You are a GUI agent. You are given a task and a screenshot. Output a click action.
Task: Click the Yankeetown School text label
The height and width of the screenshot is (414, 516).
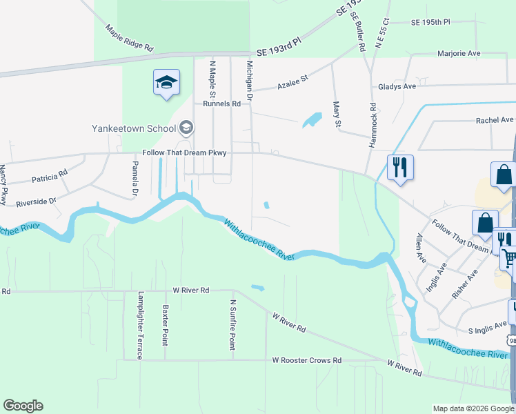click(x=133, y=128)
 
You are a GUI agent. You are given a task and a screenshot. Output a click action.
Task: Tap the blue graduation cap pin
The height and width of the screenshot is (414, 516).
click(x=166, y=83)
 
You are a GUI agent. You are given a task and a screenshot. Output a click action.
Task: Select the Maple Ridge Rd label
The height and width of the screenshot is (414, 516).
click(x=129, y=39)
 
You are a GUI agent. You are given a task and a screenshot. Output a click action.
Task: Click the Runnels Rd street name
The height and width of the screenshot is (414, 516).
click(x=221, y=103)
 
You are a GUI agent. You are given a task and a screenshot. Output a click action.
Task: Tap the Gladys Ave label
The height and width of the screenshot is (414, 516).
click(x=397, y=87)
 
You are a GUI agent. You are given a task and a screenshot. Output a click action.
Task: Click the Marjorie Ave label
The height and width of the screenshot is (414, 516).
click(x=459, y=53)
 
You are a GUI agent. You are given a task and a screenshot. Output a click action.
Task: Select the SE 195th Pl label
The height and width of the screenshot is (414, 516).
click(x=430, y=23)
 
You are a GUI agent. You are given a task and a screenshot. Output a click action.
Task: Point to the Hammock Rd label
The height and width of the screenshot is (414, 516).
click(x=373, y=124)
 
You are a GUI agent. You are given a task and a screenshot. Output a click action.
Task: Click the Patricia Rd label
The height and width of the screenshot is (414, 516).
click(x=50, y=176)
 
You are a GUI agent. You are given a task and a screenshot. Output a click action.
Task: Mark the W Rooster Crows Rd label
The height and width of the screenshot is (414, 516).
click(x=307, y=360)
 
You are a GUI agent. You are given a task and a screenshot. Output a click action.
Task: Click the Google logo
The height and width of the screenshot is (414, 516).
click(x=23, y=406)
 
